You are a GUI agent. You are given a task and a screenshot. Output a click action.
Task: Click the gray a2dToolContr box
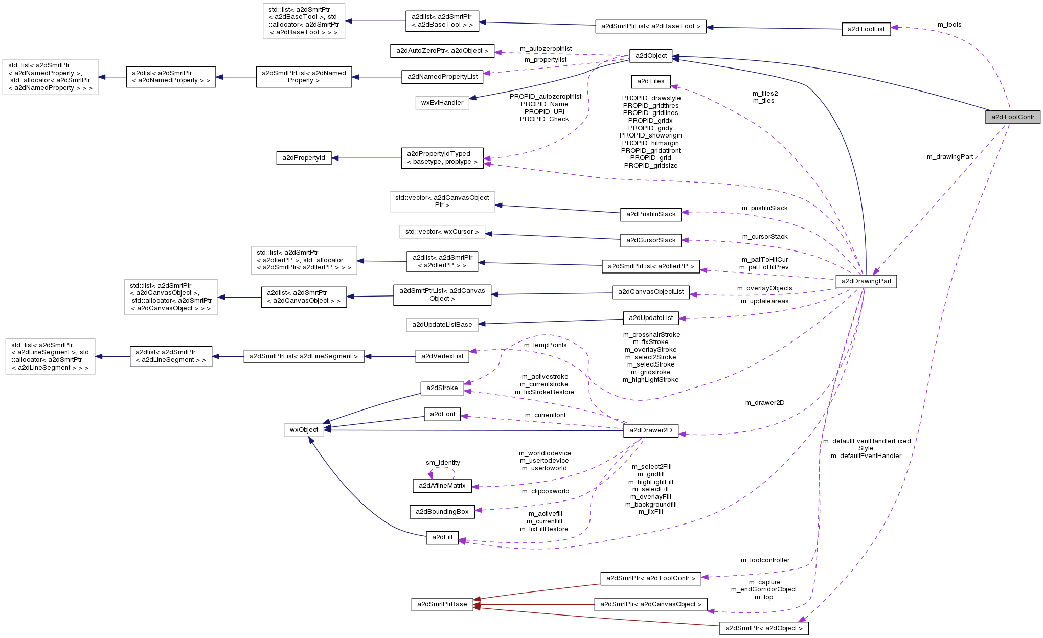(1012, 117)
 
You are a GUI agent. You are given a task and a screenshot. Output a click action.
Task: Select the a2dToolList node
(866, 29)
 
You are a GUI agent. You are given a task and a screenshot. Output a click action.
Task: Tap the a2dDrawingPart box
(866, 281)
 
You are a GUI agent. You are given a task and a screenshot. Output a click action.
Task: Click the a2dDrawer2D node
(650, 430)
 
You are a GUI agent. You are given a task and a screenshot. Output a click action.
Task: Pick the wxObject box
(304, 430)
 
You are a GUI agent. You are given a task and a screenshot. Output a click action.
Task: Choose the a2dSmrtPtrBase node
(442, 604)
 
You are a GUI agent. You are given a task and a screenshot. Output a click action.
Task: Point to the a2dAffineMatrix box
(442, 486)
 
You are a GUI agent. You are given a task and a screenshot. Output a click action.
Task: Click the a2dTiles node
(650, 81)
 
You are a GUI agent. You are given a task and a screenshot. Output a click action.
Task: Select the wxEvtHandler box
(442, 103)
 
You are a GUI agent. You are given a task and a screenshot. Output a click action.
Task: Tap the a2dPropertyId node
(303, 158)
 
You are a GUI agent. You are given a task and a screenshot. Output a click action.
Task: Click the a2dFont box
(442, 414)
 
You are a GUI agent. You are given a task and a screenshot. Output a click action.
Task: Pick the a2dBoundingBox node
(442, 512)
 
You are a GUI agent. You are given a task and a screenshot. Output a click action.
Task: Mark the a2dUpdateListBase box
(442, 325)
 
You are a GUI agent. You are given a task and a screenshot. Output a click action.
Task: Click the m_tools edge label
(949, 25)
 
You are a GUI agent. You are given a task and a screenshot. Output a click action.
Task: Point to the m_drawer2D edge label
(764, 403)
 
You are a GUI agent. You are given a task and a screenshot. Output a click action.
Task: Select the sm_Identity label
(443, 463)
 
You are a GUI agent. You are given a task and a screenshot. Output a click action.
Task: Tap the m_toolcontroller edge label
(765, 560)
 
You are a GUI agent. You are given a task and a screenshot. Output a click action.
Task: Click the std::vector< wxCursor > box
(442, 232)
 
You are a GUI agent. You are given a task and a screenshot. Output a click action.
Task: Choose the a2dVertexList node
(442, 356)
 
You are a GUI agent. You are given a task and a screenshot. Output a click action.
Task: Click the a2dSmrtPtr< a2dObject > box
(763, 628)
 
